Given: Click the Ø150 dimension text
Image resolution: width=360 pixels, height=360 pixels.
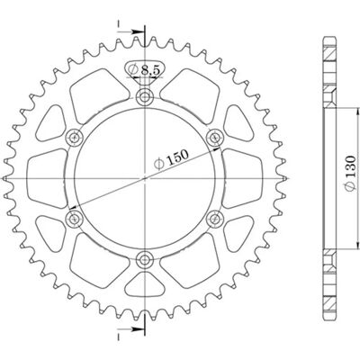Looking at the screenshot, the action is [x=171, y=159].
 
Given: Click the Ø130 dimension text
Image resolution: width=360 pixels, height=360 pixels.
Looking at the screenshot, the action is [x=350, y=174].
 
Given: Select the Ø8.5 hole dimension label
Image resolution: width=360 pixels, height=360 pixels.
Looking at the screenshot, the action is [x=142, y=70].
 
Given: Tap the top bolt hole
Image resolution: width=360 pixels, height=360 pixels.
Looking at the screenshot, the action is [x=145, y=97].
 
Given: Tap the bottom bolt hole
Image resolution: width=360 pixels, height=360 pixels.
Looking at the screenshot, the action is [x=145, y=259].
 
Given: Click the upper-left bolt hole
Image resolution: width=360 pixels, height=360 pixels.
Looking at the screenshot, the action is [x=75, y=139].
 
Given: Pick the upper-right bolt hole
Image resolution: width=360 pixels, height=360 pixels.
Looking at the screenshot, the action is [x=215, y=138].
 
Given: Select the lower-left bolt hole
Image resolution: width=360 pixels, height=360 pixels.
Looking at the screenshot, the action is [x=75, y=219].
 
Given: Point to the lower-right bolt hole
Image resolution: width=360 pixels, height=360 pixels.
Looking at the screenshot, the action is [x=215, y=219].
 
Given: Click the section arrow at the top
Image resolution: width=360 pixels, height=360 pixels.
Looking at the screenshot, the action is [x=131, y=31].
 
